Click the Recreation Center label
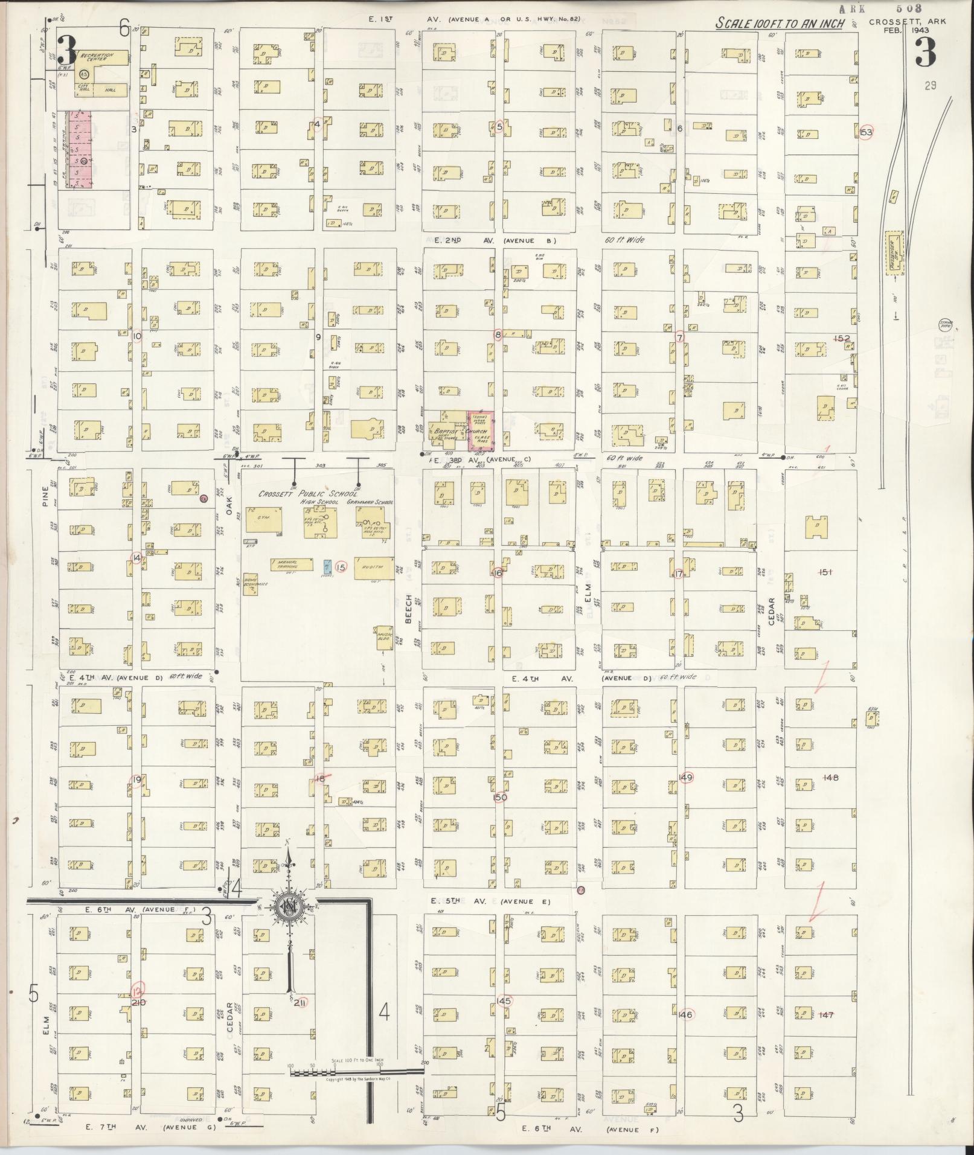98,57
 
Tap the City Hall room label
83,88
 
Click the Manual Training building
292,564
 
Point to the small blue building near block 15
327,566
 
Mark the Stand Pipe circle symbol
946,325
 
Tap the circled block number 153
866,132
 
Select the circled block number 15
341,567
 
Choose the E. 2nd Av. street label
447,240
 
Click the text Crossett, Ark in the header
908,22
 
